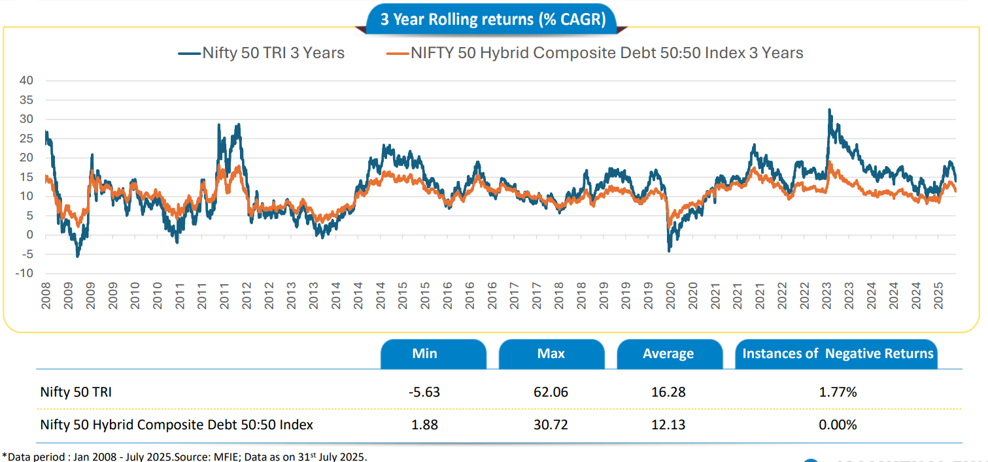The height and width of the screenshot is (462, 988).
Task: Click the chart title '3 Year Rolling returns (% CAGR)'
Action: pos(493,20)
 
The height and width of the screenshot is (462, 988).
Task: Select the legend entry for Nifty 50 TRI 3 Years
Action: pos(262,53)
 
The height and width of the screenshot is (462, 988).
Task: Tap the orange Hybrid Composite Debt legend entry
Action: pos(595,53)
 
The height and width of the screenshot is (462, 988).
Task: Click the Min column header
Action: pos(424,354)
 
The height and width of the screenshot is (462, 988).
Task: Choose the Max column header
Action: pos(551,354)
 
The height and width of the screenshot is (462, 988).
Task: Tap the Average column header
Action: pos(668,354)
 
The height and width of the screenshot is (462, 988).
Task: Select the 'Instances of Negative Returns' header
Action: pos(838,354)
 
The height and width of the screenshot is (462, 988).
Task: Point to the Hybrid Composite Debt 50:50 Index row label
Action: pos(177,425)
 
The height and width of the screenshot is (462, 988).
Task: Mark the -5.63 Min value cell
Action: pos(424,392)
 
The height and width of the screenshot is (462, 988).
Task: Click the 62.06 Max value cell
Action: pos(551,392)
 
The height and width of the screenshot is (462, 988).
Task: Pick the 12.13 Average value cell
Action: pos(668,425)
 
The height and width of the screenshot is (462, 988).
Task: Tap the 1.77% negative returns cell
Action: pos(838,392)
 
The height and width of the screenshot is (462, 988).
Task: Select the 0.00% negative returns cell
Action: pos(838,425)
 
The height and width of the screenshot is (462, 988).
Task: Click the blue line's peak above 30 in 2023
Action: pos(829,110)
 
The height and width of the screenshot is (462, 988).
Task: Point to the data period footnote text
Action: pos(184,456)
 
